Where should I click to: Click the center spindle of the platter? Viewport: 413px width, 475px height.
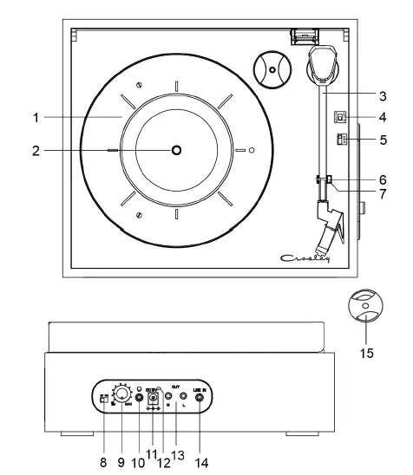[176, 150]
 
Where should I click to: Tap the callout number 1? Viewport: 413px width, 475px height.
[36, 116]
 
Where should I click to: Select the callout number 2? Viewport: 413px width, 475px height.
[36, 150]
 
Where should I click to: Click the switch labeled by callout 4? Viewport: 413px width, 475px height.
[341, 117]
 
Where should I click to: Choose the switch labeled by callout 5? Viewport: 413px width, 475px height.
[341, 140]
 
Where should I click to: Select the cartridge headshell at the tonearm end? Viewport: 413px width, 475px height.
[329, 224]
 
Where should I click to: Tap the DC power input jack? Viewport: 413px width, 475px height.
[156, 399]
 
